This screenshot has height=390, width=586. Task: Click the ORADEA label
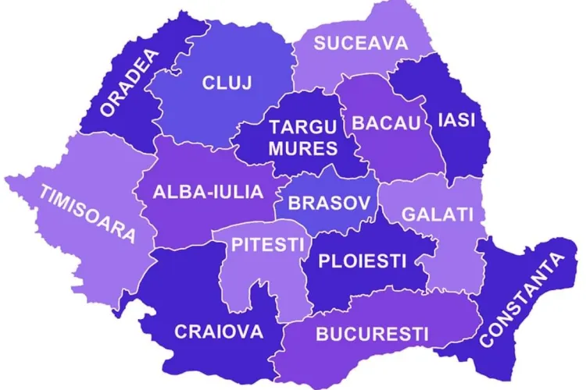(130, 83)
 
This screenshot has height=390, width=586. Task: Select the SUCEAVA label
(361, 43)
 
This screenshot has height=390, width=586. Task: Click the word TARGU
(303, 127)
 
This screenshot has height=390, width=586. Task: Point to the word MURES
(303, 148)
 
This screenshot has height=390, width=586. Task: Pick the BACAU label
(386, 122)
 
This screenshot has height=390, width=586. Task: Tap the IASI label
(457, 121)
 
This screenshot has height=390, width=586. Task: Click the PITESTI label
(266, 244)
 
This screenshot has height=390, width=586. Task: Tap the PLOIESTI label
(362, 261)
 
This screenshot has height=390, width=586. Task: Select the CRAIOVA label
(219, 331)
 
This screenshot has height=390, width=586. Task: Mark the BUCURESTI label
(372, 335)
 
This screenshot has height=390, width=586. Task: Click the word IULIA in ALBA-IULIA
(237, 192)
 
